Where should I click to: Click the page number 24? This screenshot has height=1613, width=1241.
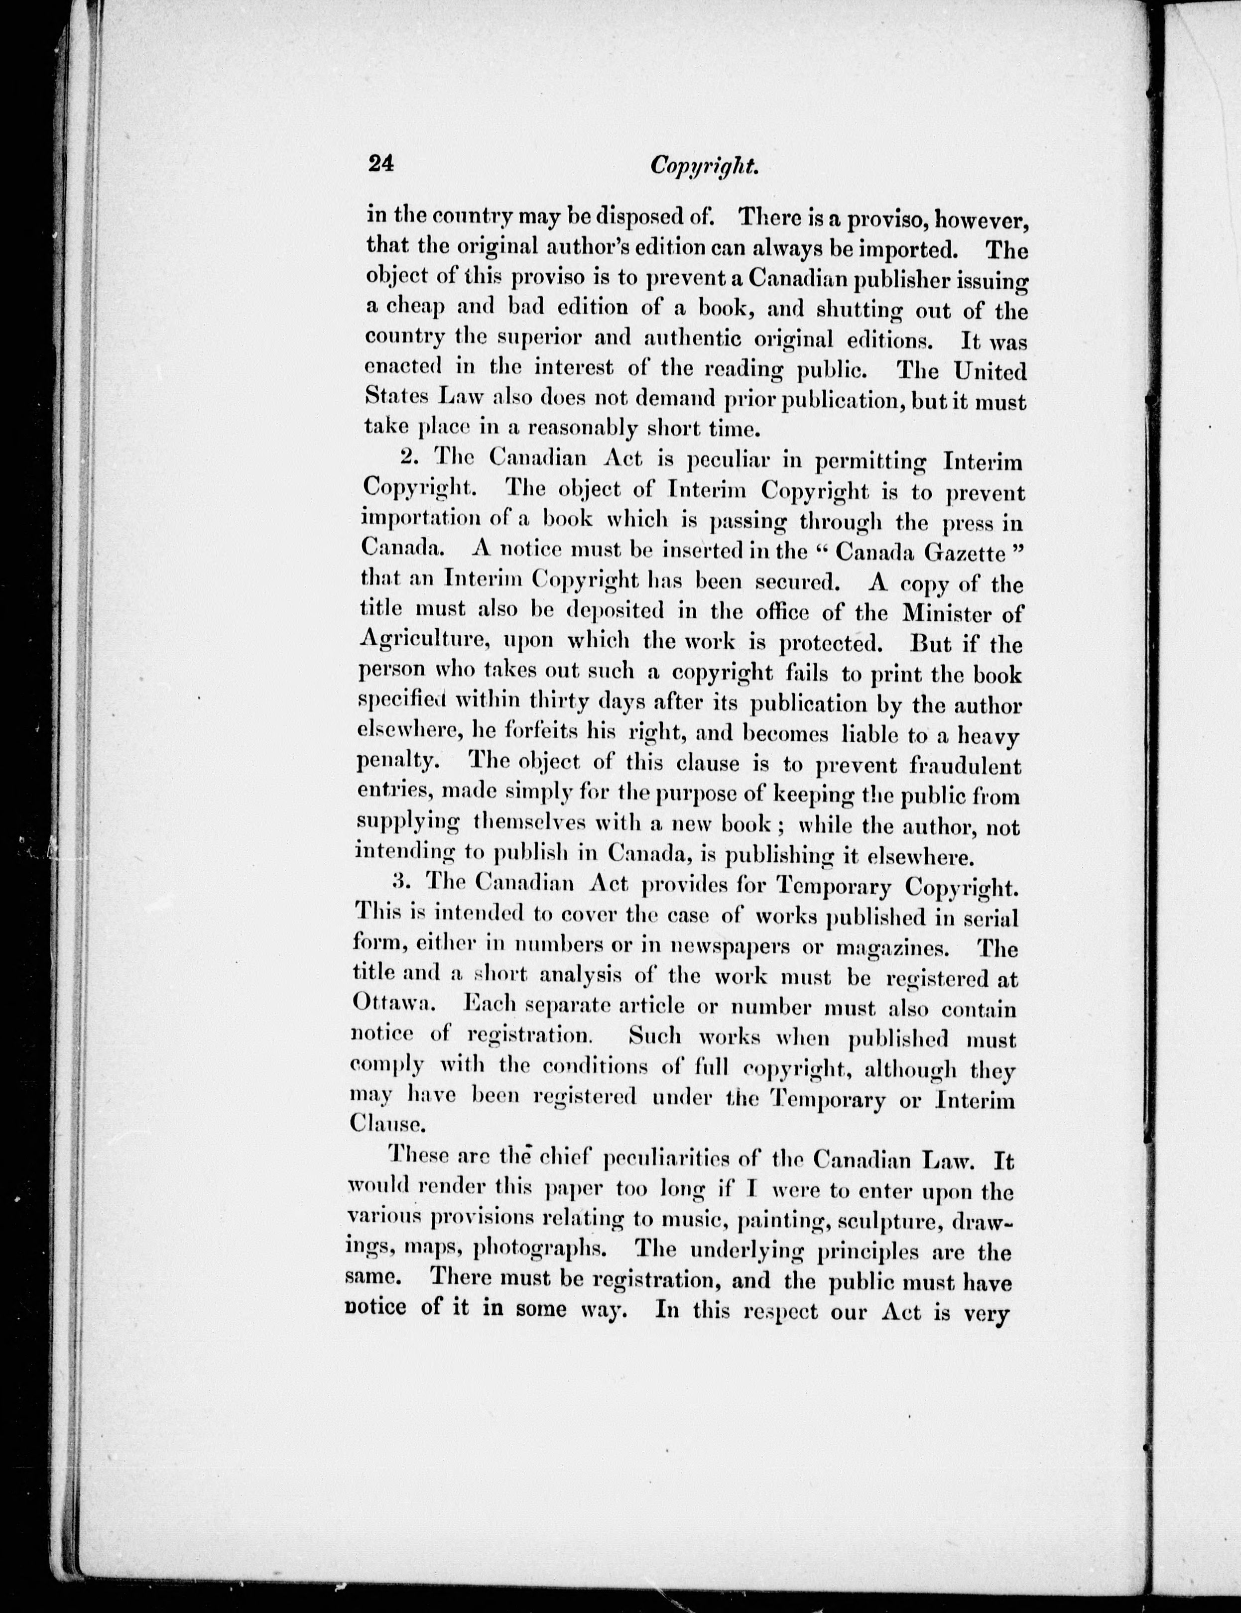click(x=381, y=165)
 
